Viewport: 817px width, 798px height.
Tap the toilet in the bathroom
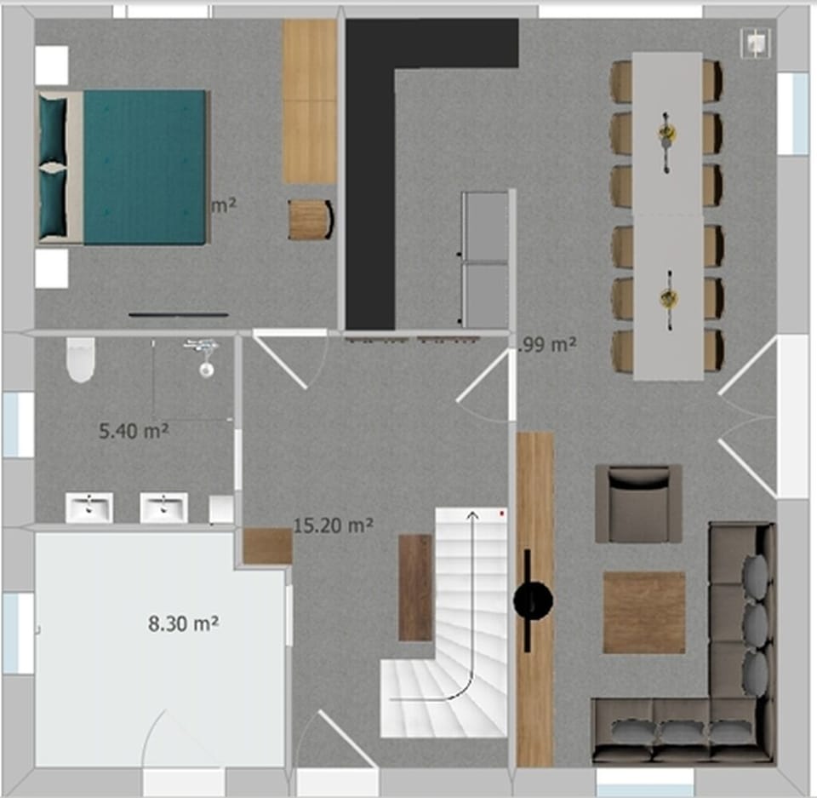[x=79, y=359]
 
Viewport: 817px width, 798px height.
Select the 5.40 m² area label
[x=134, y=431]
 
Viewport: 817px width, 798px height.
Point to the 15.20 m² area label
[x=333, y=525]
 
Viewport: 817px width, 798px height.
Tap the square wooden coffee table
[x=644, y=612]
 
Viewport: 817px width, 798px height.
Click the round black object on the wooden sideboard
[x=534, y=601]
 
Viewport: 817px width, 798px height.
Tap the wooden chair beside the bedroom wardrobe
[x=310, y=220]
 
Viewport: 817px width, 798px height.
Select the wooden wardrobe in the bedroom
[x=310, y=101]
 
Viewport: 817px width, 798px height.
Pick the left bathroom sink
[x=89, y=508]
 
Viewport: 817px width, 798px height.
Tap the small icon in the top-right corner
[x=756, y=41]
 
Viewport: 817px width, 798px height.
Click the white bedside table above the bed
[x=51, y=65]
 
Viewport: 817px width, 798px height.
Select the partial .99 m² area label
[x=549, y=345]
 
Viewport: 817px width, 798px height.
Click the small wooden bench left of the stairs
[x=416, y=587]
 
